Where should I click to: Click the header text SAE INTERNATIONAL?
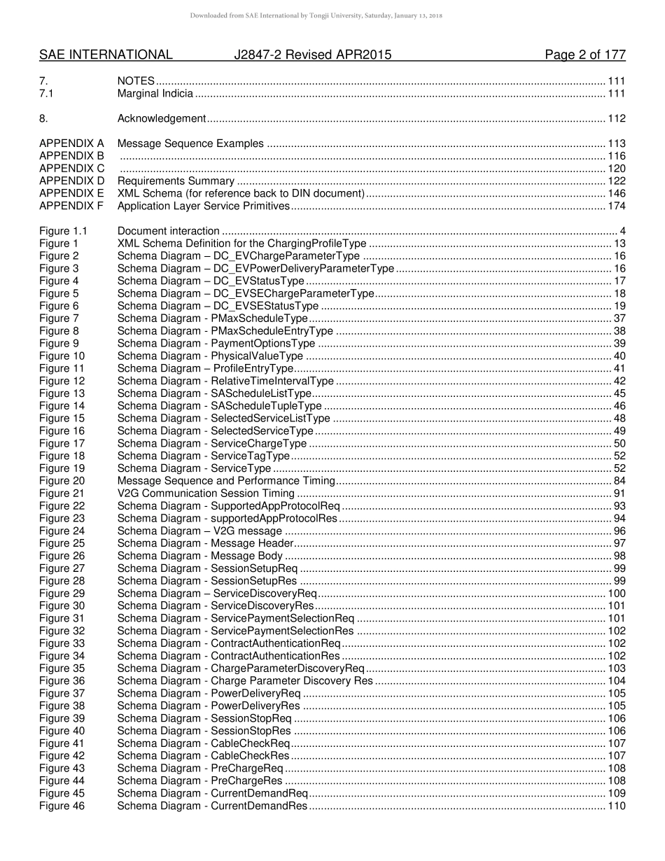click(x=106, y=55)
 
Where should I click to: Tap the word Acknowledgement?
click(x=162, y=118)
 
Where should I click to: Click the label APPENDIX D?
click(x=71, y=181)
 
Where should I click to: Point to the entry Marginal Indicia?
click(x=155, y=93)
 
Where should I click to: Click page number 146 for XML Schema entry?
click(x=617, y=194)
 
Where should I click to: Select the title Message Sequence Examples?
click(x=190, y=143)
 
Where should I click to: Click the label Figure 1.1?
click(x=64, y=231)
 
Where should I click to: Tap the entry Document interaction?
click(x=168, y=231)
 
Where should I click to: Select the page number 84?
click(x=619, y=481)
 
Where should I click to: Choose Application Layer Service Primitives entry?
click(x=203, y=206)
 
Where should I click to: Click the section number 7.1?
click(x=47, y=93)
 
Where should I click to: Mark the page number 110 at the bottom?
click(x=617, y=806)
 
